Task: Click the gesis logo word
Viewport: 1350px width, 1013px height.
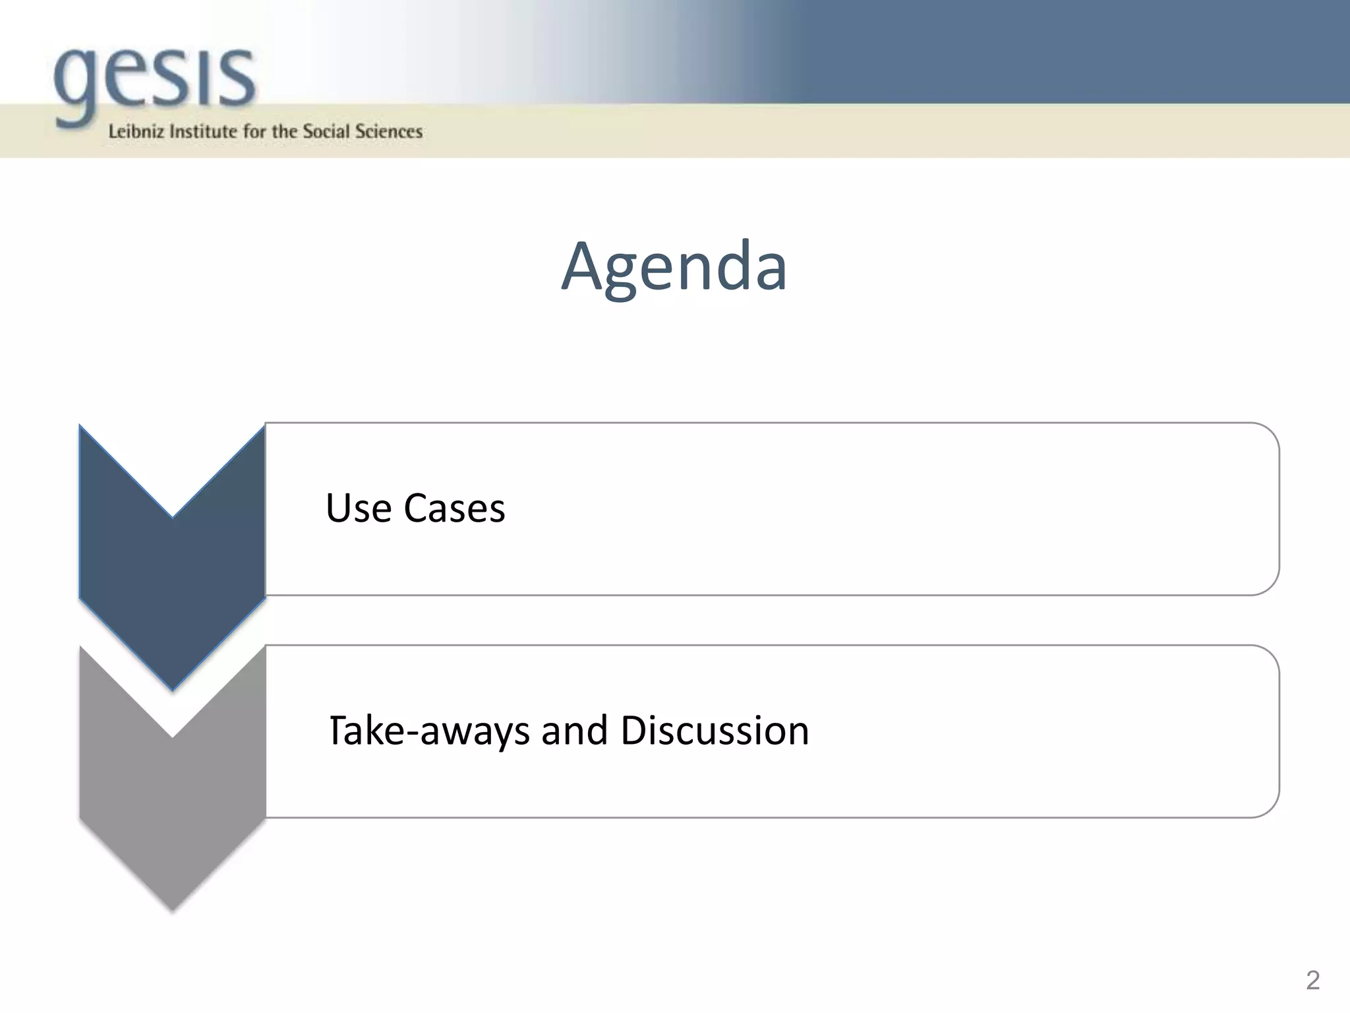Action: (155, 82)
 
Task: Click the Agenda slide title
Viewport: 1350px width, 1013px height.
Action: (674, 266)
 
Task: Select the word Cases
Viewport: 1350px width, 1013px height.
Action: (454, 508)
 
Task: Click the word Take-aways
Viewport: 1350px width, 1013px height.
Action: (429, 731)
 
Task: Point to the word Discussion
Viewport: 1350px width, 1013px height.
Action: (715, 731)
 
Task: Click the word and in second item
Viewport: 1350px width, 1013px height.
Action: (574, 731)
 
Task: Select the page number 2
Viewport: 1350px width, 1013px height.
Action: (1312, 981)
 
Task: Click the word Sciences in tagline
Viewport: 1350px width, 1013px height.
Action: (389, 131)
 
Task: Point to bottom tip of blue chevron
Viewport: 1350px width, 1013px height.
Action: (173, 687)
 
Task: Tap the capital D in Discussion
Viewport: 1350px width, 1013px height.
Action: (635, 731)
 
